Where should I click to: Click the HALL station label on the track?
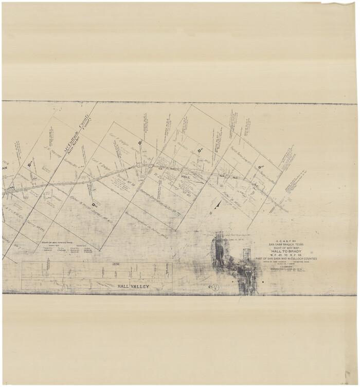click(186, 177)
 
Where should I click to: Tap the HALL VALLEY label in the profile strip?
click(133, 286)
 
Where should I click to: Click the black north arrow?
click(218, 205)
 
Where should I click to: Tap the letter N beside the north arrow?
click(210, 212)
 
